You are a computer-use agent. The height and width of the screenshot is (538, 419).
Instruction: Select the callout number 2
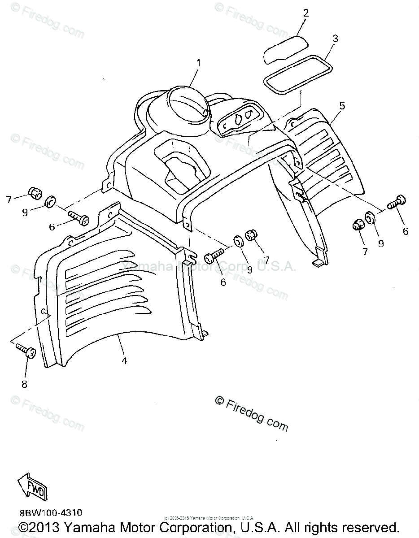pyautogui.click(x=306, y=13)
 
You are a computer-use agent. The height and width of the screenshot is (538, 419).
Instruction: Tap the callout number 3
pyautogui.click(x=335, y=39)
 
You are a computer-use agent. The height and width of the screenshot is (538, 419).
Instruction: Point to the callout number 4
pyautogui.click(x=124, y=360)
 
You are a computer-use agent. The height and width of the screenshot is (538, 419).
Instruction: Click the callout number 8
pyautogui.click(x=24, y=384)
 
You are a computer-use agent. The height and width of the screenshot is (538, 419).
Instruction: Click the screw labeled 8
pyautogui.click(x=26, y=350)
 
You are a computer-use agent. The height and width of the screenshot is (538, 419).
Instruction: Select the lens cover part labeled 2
pyautogui.click(x=285, y=48)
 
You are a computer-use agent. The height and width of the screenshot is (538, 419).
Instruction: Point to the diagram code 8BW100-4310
pyautogui.click(x=51, y=512)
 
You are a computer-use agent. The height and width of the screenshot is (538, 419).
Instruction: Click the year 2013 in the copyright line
pyautogui.click(x=44, y=526)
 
